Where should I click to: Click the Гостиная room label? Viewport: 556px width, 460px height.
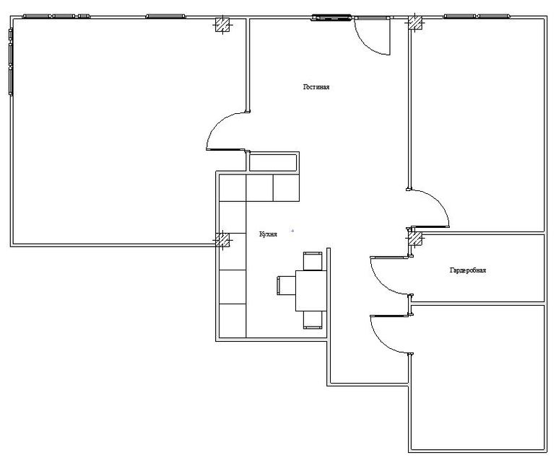click(316, 87)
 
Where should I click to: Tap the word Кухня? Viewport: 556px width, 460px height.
click(268, 234)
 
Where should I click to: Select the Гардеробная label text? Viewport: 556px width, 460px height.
click(468, 270)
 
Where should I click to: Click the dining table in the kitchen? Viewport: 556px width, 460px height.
click(311, 291)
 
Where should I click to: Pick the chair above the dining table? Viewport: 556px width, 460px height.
click(313, 261)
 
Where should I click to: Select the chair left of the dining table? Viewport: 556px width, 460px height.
click(286, 286)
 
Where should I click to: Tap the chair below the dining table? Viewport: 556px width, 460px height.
click(313, 320)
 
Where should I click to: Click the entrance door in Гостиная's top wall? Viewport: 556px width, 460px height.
click(373, 35)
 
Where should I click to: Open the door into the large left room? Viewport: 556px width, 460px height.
click(225, 131)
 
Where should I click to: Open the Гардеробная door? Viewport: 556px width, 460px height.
click(390, 275)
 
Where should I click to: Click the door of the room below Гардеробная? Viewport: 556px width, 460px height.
click(390, 334)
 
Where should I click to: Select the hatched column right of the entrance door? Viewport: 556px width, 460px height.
click(414, 22)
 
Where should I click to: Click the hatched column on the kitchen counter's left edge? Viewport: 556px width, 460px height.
click(222, 240)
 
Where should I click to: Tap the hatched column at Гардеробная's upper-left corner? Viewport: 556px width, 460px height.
click(414, 239)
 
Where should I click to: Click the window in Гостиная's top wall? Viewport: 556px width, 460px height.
click(331, 17)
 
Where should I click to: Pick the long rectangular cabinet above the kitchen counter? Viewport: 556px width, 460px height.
click(273, 162)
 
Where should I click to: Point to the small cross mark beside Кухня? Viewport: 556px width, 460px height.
click(292, 231)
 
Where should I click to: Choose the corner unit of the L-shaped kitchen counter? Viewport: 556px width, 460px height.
click(233, 187)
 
